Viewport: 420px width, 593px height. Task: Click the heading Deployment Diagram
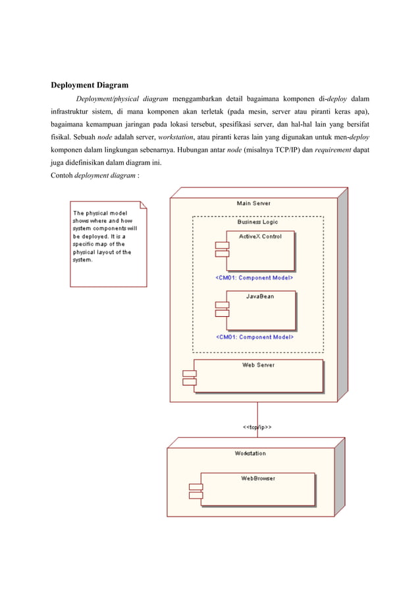(x=90, y=85)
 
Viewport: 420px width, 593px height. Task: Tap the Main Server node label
(x=253, y=203)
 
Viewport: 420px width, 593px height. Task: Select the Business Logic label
(x=257, y=222)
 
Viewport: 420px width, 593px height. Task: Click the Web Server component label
(x=258, y=365)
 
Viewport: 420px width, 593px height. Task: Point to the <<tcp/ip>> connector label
(x=258, y=427)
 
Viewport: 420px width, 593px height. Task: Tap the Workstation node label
(x=250, y=453)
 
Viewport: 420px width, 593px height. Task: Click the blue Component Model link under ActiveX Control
(x=254, y=278)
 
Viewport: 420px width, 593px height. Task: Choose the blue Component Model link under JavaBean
(x=254, y=337)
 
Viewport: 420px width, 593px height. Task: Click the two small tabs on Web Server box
(x=190, y=378)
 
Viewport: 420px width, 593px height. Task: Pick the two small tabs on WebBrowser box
(x=196, y=490)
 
